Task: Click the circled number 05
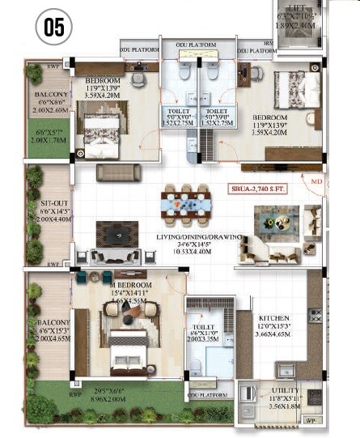point(53,27)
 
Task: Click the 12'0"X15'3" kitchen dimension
point(273,326)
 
